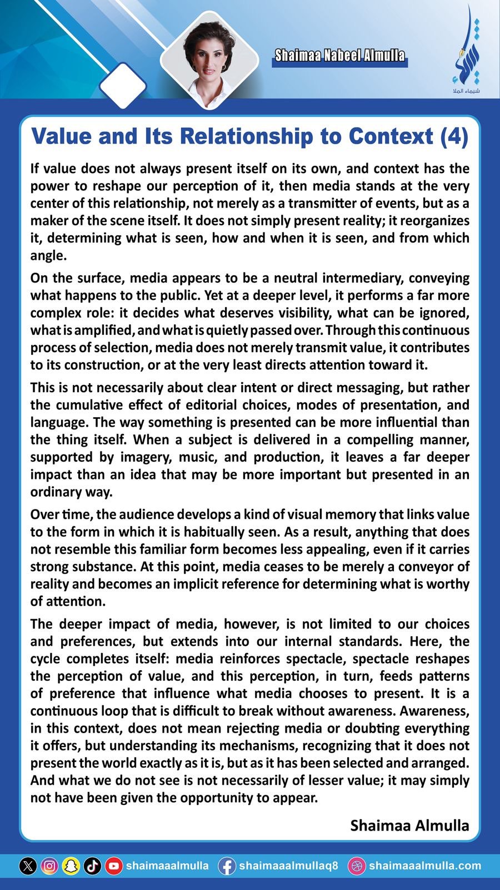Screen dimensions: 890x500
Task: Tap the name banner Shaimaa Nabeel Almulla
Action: point(339,56)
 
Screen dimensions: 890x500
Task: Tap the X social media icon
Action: point(28,866)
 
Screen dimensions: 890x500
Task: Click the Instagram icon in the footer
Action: point(49,866)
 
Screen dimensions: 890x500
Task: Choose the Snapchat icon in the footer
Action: point(71,866)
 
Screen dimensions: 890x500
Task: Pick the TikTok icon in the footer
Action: point(92,866)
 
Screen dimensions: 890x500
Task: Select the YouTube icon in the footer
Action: point(114,866)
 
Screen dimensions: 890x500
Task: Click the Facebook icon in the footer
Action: point(227,866)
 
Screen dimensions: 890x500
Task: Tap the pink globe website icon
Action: point(357,866)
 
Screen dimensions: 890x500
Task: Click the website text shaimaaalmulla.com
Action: point(425,866)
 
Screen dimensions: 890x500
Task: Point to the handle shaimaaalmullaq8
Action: point(288,866)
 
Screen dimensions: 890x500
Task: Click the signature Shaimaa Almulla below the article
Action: point(409,825)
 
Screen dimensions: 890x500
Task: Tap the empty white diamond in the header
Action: point(123,85)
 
